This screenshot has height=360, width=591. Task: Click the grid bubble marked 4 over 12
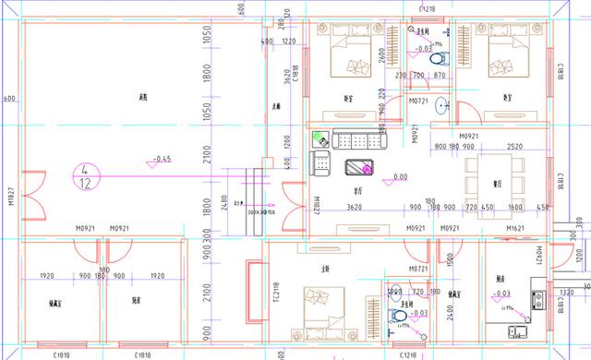tap(85, 175)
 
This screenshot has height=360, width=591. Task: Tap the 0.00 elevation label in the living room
tap(401, 177)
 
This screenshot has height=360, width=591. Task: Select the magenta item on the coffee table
tap(359, 167)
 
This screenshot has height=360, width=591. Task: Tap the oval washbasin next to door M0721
tap(440, 104)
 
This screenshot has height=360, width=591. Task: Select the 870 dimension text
tap(440, 75)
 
